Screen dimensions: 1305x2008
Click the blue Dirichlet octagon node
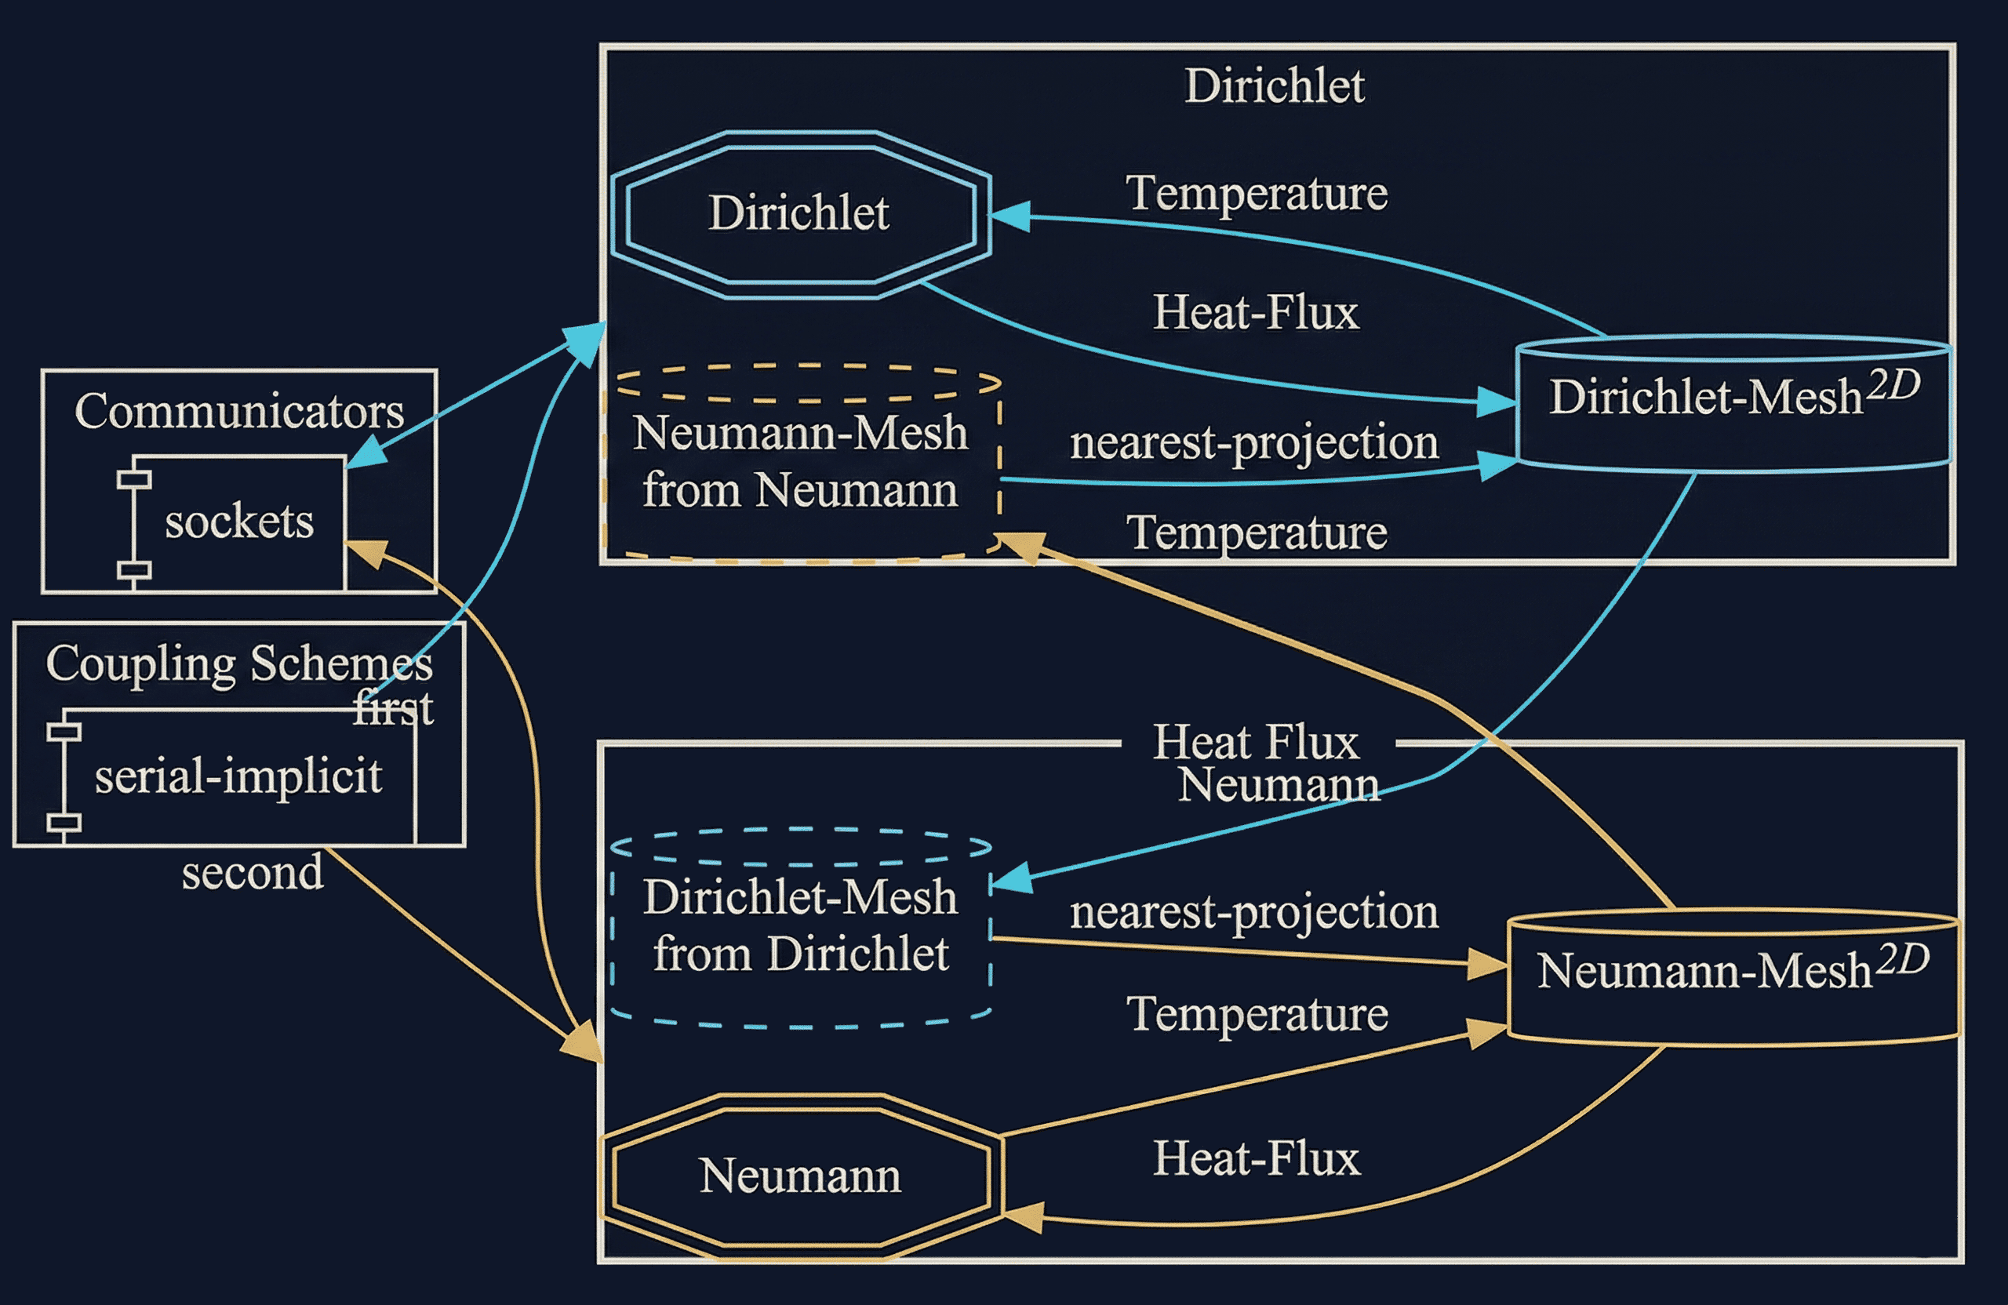pos(800,214)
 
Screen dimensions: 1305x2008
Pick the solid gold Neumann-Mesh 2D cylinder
pos(1733,979)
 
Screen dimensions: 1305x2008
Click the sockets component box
pos(238,522)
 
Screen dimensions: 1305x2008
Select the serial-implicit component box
pos(238,776)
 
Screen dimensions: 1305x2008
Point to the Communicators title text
pos(238,412)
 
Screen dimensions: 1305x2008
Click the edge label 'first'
pos(393,709)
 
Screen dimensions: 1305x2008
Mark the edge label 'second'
pos(253,872)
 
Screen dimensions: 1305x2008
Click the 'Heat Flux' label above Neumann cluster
pos(1256,743)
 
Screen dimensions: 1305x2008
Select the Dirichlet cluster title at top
pos(1274,86)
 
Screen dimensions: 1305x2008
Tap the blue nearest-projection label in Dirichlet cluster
pos(1253,442)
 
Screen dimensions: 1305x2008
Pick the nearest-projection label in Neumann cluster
pos(1253,912)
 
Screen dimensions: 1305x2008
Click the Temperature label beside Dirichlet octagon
pos(1257,193)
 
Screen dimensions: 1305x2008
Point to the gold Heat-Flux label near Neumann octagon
pos(1257,1158)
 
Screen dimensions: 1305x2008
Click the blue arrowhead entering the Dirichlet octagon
pos(1009,216)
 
